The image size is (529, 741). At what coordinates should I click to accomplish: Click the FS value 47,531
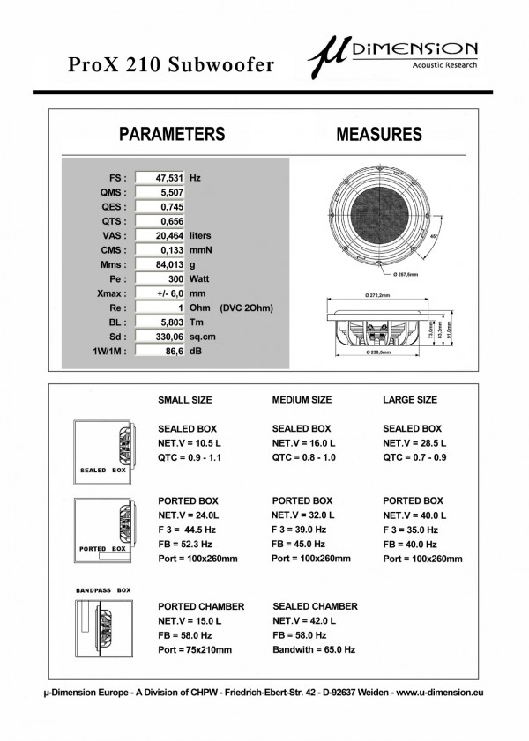tap(160, 177)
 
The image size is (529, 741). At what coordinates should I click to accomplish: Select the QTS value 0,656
tap(160, 220)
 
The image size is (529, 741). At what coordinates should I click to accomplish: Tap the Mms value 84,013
tap(160, 264)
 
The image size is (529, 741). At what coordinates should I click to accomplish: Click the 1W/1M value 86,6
tap(160, 352)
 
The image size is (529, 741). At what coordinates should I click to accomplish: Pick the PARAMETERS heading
tap(172, 135)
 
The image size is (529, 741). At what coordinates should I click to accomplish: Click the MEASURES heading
tap(379, 135)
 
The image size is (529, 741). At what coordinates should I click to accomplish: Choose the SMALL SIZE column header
tap(185, 400)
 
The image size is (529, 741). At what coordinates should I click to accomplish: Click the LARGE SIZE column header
tap(409, 400)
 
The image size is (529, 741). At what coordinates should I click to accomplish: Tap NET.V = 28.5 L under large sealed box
tap(414, 442)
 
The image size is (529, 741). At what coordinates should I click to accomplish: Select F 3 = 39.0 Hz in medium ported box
tap(299, 530)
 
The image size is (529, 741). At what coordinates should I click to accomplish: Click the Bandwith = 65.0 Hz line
tap(314, 649)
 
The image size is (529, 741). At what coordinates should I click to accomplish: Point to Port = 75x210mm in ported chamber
tap(195, 649)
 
